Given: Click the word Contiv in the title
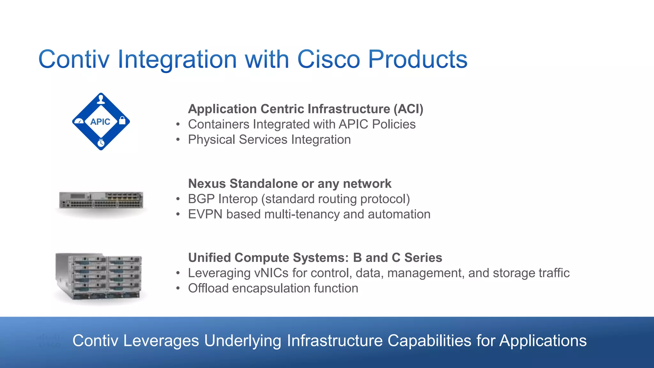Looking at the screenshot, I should click(74, 59).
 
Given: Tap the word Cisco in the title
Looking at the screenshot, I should click(329, 59).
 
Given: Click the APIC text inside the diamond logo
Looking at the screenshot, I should click(100, 122).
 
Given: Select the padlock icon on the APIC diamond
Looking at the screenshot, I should click(122, 121).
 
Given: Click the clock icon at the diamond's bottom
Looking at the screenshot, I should click(101, 143).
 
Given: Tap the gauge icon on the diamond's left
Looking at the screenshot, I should click(79, 121).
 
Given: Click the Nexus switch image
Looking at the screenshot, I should click(101, 201).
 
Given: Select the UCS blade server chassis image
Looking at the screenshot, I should click(99, 277).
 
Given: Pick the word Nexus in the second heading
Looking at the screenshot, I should click(207, 184).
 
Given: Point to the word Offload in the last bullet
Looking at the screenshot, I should click(208, 288).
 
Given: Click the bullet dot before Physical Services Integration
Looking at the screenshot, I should click(178, 140).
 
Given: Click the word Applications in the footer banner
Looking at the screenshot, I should click(543, 341).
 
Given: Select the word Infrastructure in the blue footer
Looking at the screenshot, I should click(335, 341).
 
